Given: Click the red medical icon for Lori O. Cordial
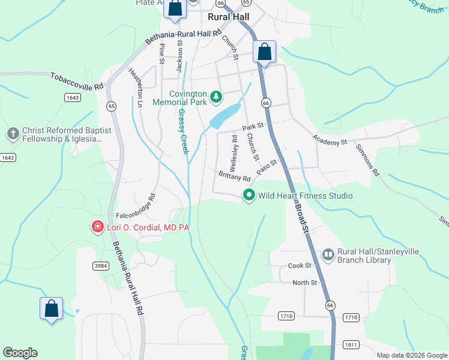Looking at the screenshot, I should (x=97, y=227).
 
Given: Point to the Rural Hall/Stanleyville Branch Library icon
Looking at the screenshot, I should (x=328, y=256).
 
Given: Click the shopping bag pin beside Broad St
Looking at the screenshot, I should (x=264, y=53).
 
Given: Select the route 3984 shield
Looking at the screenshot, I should (x=100, y=265).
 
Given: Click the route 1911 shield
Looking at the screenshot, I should (x=351, y=344).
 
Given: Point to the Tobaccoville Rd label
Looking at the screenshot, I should (x=77, y=81).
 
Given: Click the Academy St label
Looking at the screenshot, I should (x=330, y=140).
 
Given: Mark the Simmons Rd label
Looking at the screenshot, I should (x=367, y=160).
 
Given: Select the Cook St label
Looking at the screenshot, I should (x=300, y=265).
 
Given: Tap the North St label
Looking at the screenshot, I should (x=304, y=283).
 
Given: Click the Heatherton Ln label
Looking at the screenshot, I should (x=136, y=88).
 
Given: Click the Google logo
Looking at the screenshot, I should (x=20, y=353).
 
